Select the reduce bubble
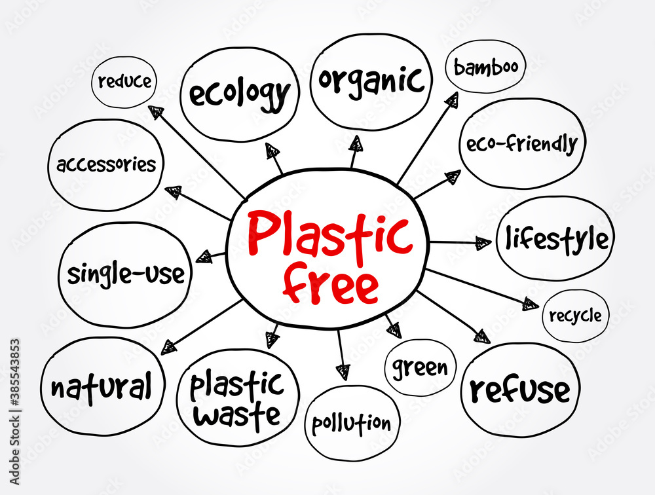(124, 82)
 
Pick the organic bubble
(371, 82)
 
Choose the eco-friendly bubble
(521, 143)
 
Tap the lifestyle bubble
(555, 239)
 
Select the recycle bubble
(575, 316)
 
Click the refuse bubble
(520, 390)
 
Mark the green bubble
(420, 367)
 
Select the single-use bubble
(125, 274)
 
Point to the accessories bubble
(106, 164)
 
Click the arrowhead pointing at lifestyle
(483, 243)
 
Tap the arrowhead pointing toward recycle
(530, 303)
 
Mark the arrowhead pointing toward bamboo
(451, 99)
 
